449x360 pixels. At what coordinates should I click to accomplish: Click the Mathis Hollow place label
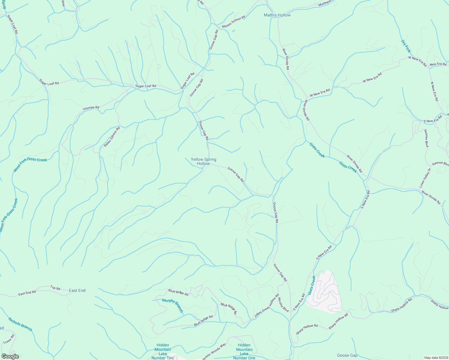pyautogui.click(x=277, y=15)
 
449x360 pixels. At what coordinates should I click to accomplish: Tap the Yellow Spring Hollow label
pyautogui.click(x=203, y=161)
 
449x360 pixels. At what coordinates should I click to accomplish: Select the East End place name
pyautogui.click(x=77, y=290)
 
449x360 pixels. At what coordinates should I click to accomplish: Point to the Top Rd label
pyautogui.click(x=55, y=288)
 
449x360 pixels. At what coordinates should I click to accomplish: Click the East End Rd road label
pyautogui.click(x=27, y=293)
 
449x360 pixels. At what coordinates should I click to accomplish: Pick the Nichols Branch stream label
pyautogui.click(x=20, y=324)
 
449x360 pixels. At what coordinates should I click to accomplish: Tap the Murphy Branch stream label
pyautogui.click(x=173, y=305)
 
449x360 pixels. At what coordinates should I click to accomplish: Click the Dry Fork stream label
pyautogui.click(x=406, y=46)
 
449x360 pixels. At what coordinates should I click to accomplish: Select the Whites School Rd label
pyautogui.click(x=234, y=22)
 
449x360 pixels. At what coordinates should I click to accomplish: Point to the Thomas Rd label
pyautogui.click(x=91, y=108)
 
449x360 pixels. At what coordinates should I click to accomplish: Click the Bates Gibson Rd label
pyautogui.click(x=112, y=137)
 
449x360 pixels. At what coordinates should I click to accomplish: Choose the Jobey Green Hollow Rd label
pyautogui.click(x=267, y=306)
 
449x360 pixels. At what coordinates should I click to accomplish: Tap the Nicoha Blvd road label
pyautogui.click(x=283, y=304)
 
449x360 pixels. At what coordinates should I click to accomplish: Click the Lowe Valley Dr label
pyautogui.click(x=425, y=178)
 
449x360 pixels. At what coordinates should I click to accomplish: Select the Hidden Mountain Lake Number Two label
pyautogui.click(x=163, y=351)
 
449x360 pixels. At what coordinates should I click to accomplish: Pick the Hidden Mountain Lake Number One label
pyautogui.click(x=244, y=351)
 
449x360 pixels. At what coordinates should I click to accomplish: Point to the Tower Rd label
pyautogui.click(x=9, y=340)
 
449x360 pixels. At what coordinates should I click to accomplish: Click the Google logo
pyautogui.click(x=10, y=356)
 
